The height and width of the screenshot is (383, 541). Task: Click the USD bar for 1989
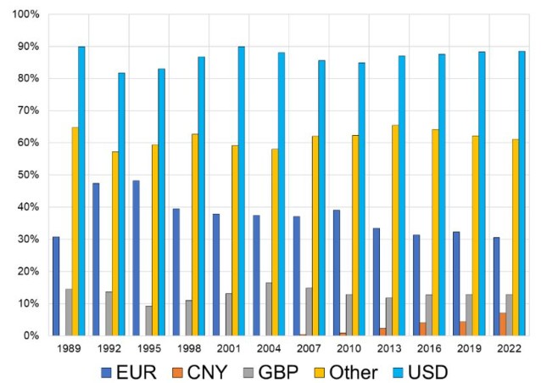point(81,191)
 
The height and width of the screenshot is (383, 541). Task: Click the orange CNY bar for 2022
point(502,324)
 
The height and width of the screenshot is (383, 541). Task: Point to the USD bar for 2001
point(242,191)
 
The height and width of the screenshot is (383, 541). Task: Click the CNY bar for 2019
point(462,329)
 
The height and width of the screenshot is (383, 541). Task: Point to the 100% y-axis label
point(25,15)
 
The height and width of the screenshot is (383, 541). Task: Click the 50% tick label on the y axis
point(28,175)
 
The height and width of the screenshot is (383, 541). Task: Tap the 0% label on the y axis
point(31,335)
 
